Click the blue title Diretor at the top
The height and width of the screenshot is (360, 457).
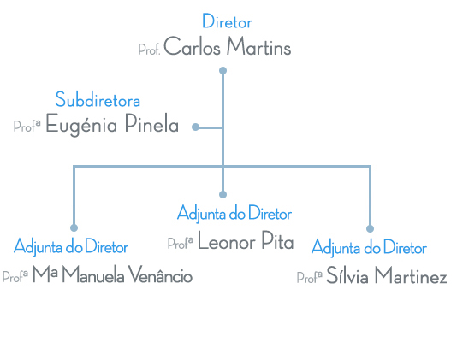pyautogui.click(x=227, y=21)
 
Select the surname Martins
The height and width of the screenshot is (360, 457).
pyautogui.click(x=258, y=46)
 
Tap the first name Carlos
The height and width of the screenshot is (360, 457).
pyautogui.click(x=192, y=46)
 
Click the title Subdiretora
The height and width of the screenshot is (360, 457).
pyautogui.click(x=98, y=99)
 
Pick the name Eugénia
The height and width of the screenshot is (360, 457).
pyautogui.click(x=81, y=125)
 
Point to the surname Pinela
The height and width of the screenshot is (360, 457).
pyautogui.click(x=151, y=123)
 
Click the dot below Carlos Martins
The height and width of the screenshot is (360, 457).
pyautogui.click(x=223, y=70)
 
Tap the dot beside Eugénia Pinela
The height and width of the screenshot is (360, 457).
pyautogui.click(x=196, y=127)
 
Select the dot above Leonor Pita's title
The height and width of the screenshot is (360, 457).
pyautogui.click(x=223, y=194)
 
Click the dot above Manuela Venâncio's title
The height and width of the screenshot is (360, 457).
pyautogui.click(x=74, y=227)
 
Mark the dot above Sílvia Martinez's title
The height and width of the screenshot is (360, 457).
pyautogui.click(x=371, y=228)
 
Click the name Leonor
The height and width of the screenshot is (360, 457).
pyautogui.click(x=227, y=242)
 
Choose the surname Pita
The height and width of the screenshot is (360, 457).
pyautogui.click(x=277, y=240)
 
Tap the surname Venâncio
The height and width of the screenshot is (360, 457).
pyautogui.click(x=160, y=274)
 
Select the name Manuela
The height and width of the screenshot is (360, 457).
pyautogui.click(x=93, y=274)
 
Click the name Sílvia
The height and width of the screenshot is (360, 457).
pyautogui.click(x=347, y=274)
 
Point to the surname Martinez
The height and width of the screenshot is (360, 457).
pyautogui.click(x=411, y=275)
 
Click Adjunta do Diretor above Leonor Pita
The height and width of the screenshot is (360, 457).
pyautogui.click(x=234, y=213)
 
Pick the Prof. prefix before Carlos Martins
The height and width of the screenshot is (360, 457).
pyautogui.click(x=149, y=50)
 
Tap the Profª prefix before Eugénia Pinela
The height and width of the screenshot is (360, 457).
pyautogui.click(x=27, y=126)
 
